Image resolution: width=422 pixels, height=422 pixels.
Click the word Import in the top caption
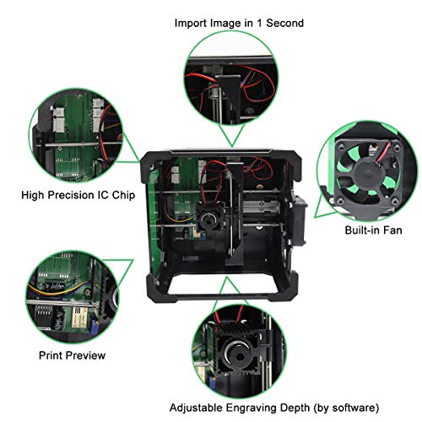tap(193, 23)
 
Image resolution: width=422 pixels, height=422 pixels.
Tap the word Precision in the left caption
tap(78, 194)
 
